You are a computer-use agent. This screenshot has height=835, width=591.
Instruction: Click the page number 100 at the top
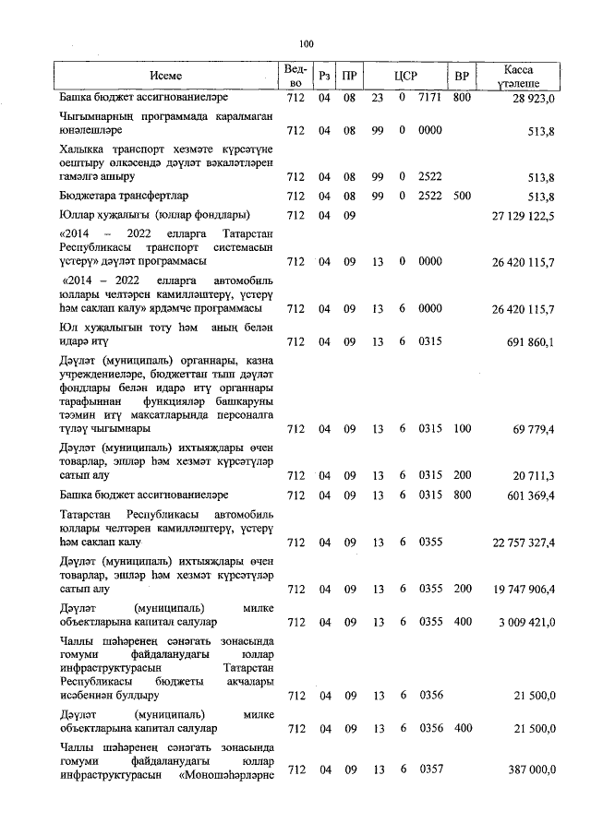tap(307, 42)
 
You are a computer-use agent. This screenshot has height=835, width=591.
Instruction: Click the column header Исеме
tap(166, 76)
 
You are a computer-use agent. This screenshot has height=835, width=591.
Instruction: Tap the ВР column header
tap(462, 76)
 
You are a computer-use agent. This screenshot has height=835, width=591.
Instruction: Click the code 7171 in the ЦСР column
tap(430, 97)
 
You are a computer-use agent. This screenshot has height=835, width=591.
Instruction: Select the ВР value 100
tap(462, 429)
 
